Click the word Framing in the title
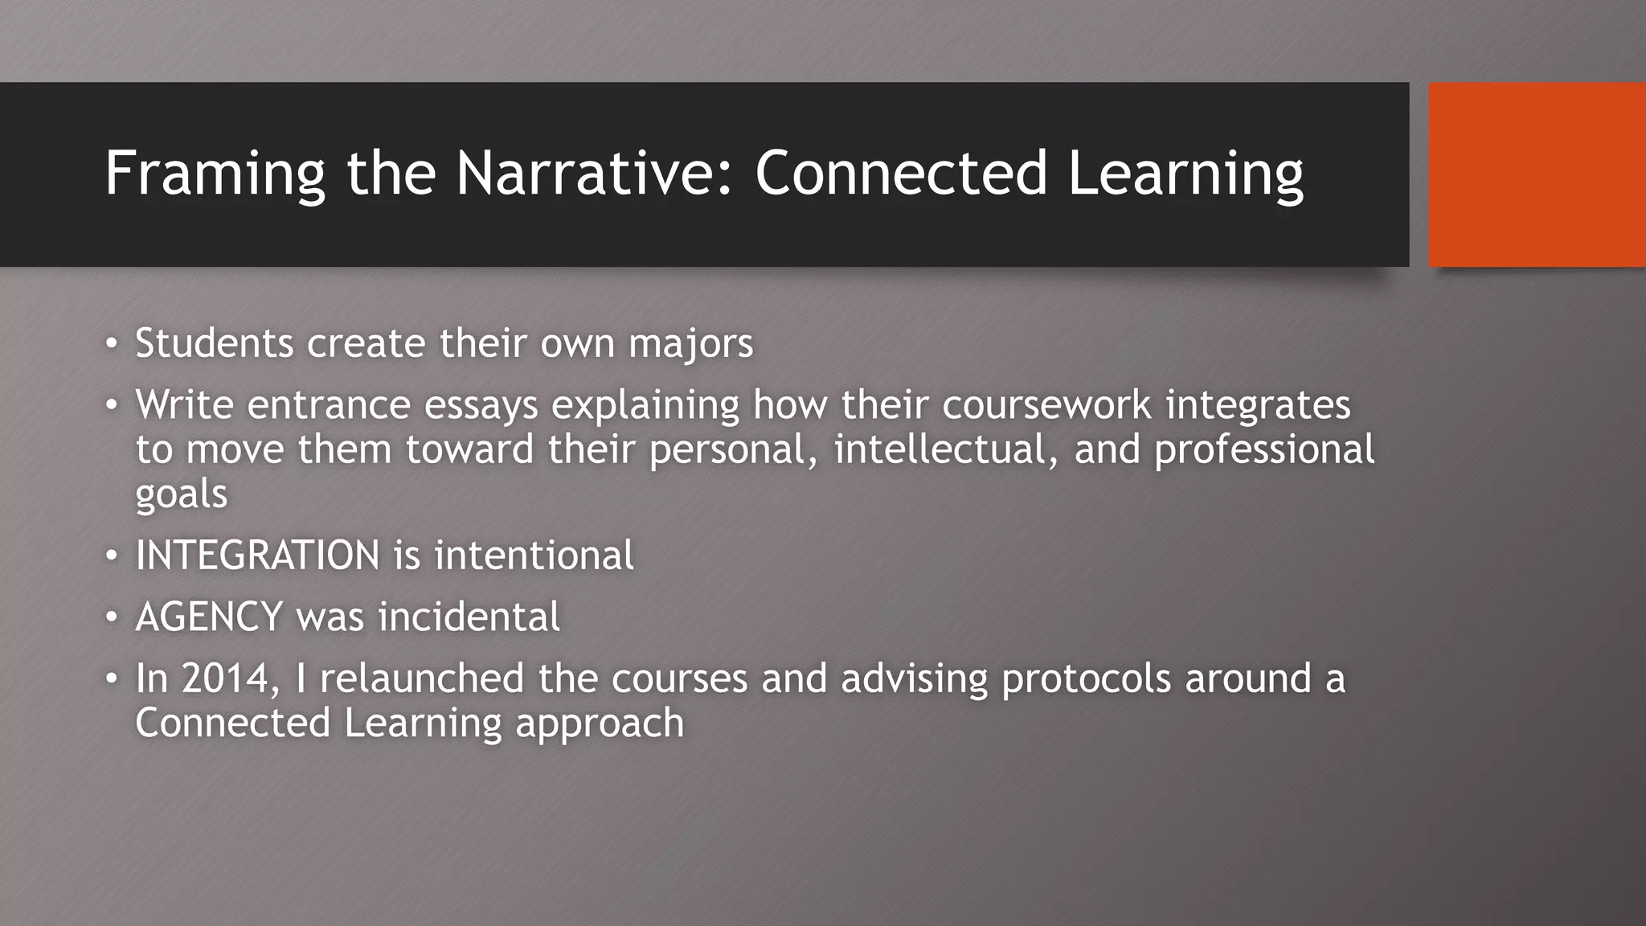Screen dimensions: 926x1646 tap(215, 174)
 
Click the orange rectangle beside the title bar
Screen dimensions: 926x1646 tap(1537, 174)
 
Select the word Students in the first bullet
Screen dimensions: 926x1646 tap(214, 343)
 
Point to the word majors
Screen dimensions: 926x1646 tap(690, 344)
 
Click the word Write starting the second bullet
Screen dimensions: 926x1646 tap(184, 404)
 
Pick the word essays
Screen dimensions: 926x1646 tap(481, 405)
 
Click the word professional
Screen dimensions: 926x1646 tap(1263, 450)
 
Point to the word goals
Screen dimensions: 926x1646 tap(181, 494)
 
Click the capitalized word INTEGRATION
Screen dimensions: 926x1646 tap(257, 555)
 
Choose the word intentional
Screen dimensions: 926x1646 tap(534, 555)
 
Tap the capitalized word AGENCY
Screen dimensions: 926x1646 tap(209, 617)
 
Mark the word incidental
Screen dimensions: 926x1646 tap(469, 617)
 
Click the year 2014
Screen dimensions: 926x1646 tap(226, 678)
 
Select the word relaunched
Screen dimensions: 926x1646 tap(422, 678)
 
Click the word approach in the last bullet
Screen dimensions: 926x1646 tap(600, 724)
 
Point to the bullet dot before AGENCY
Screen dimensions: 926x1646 tap(112, 617)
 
